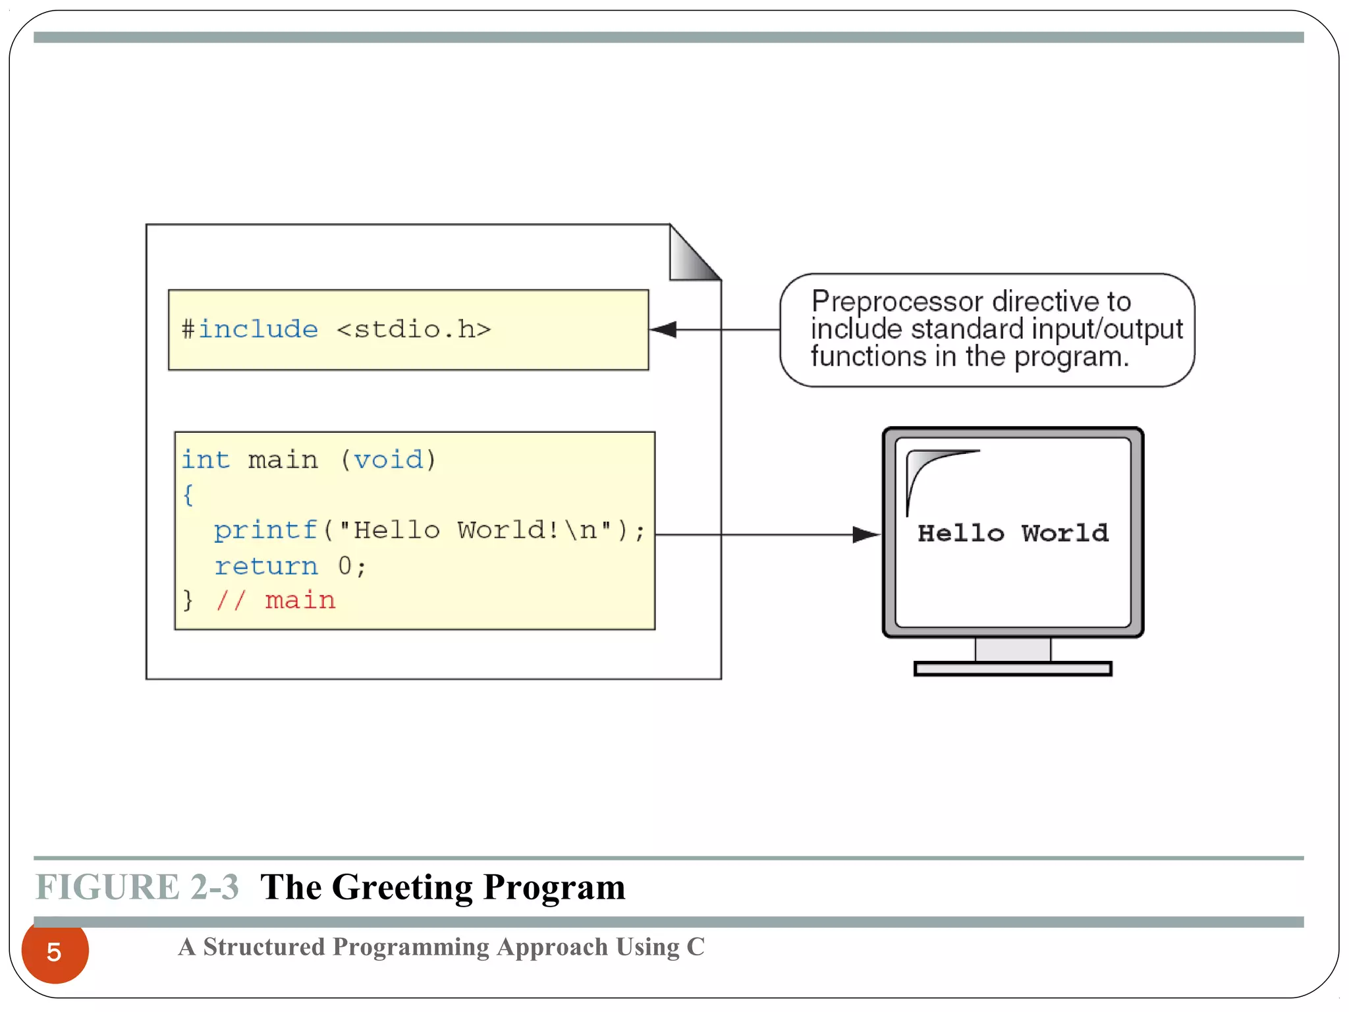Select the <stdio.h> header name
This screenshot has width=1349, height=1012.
click(x=414, y=329)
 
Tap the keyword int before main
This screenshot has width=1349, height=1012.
click(x=206, y=459)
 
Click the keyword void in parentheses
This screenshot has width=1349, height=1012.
click(x=389, y=459)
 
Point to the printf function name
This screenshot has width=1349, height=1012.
click(x=265, y=530)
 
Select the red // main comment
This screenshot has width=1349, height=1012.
click(x=276, y=600)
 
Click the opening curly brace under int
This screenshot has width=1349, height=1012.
click(x=188, y=494)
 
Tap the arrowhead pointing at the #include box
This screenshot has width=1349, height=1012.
click(x=664, y=329)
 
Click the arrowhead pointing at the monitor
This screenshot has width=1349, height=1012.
click(x=866, y=534)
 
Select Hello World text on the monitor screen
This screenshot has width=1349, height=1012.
click(x=1012, y=533)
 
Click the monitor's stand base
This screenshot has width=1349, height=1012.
click(x=1012, y=669)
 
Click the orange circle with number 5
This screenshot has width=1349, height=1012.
click(x=55, y=951)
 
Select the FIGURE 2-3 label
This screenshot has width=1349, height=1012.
click(x=137, y=887)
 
